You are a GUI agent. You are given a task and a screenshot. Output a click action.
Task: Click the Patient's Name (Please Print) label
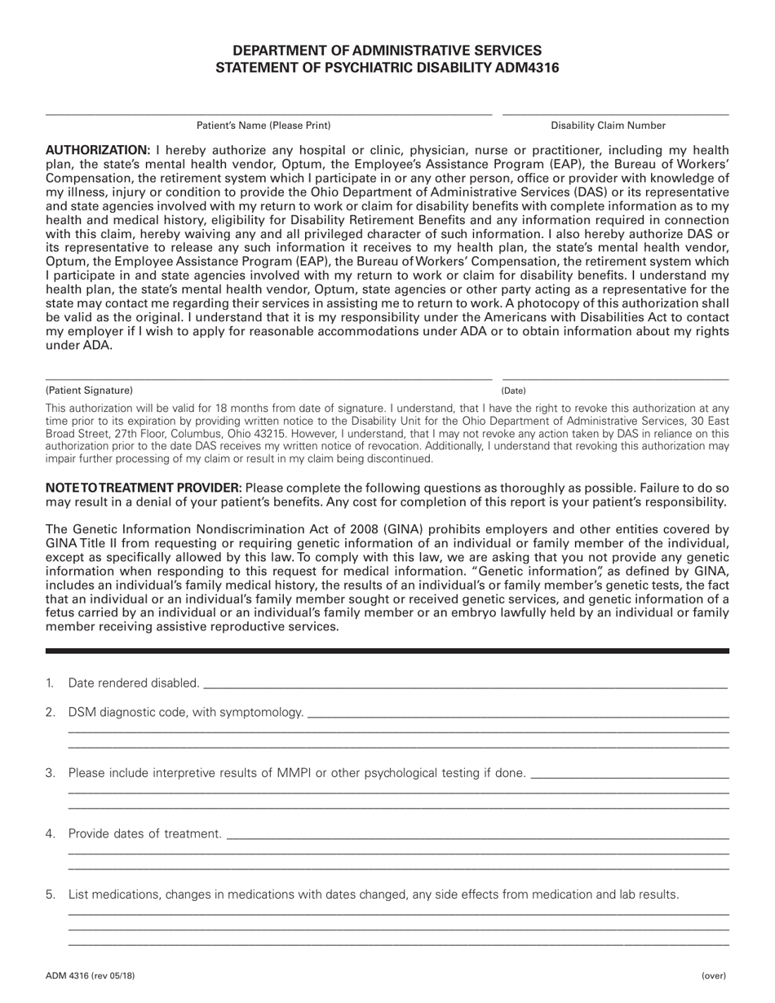click(263, 126)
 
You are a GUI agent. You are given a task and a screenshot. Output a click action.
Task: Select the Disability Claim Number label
click(608, 126)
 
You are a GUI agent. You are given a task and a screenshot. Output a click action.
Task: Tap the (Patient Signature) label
click(89, 391)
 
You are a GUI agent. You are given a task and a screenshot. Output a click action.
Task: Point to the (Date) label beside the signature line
click(514, 391)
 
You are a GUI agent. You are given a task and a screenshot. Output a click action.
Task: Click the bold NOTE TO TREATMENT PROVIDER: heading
click(144, 487)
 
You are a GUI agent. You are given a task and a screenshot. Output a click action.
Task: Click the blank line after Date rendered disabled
click(465, 684)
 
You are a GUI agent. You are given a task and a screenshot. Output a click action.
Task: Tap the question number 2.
click(51, 712)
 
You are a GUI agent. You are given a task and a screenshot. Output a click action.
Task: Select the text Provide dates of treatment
click(144, 833)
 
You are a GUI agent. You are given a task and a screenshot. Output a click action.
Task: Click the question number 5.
click(51, 895)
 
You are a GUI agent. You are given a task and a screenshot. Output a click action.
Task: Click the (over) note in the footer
click(713, 975)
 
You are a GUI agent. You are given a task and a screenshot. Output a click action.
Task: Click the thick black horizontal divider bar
click(387, 651)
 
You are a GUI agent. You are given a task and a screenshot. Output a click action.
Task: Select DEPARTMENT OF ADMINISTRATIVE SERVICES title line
click(387, 51)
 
